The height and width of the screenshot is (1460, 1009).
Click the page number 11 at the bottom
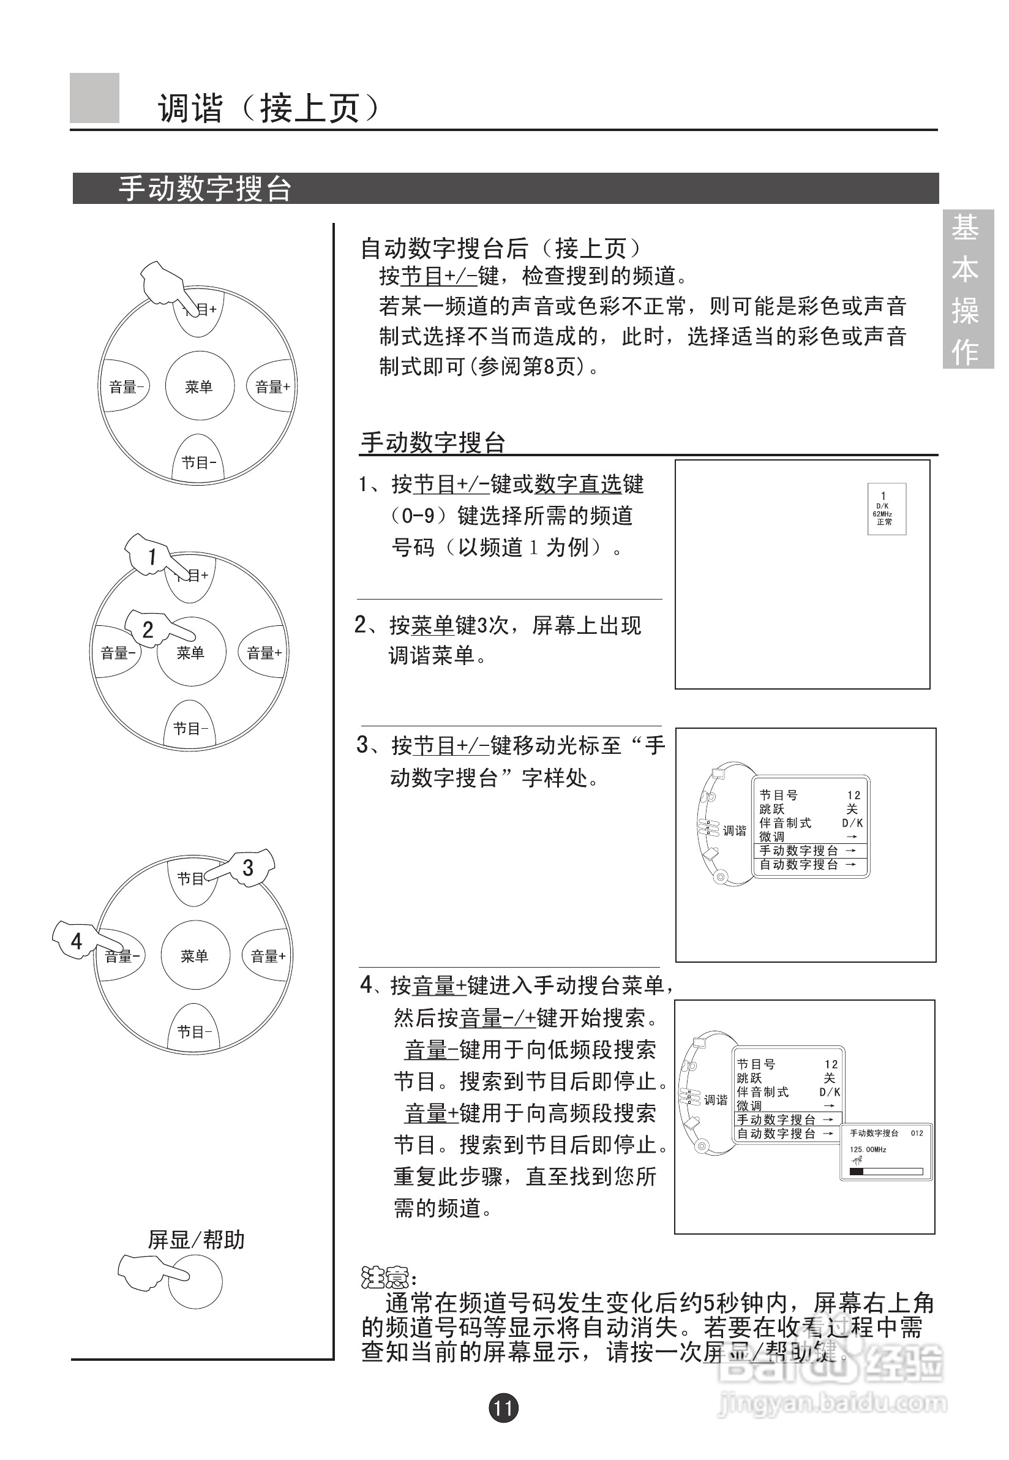(x=503, y=1407)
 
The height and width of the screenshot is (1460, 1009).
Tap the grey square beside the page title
(x=94, y=98)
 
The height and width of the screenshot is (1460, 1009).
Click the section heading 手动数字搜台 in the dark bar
(x=205, y=189)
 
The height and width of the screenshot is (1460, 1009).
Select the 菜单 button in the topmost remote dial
(x=199, y=386)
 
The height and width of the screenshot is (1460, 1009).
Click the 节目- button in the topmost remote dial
(x=198, y=462)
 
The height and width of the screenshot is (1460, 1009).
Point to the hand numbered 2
(x=148, y=628)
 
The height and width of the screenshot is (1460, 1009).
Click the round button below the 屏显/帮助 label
(x=196, y=1282)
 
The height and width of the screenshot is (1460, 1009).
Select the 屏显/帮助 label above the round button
(x=196, y=1240)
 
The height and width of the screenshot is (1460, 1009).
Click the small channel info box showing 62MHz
(x=886, y=509)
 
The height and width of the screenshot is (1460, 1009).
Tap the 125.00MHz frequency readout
(x=868, y=1150)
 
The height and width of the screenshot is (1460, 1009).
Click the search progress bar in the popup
(x=886, y=1172)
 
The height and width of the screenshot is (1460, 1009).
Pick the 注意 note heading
(x=384, y=1277)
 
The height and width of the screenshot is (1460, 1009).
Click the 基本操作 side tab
(x=967, y=289)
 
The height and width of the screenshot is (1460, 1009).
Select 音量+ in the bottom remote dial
(x=268, y=956)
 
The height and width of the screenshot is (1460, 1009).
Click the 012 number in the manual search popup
(x=917, y=1133)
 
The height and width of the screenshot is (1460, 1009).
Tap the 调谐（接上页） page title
(x=269, y=108)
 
